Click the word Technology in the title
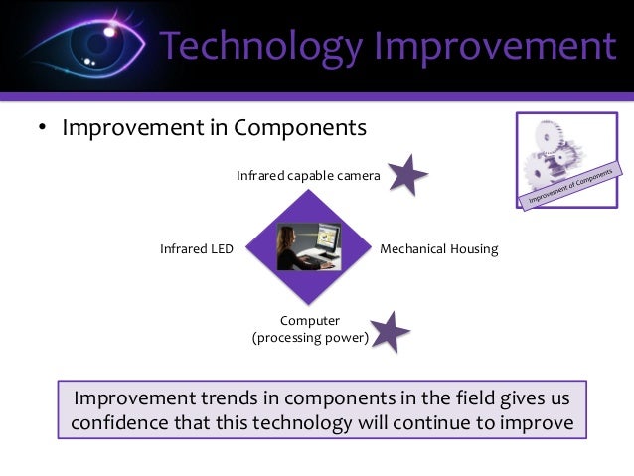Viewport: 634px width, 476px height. click(260, 47)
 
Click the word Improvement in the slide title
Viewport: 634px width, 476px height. click(495, 47)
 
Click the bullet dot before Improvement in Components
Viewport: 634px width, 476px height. click(42, 127)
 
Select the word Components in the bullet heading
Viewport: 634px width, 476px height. click(300, 128)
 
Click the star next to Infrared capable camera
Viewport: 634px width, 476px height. click(407, 175)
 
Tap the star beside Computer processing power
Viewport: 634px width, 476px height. click(390, 332)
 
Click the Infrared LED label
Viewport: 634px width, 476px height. click(197, 248)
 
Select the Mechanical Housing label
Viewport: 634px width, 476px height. click(438, 249)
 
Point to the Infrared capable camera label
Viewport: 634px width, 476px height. click(308, 176)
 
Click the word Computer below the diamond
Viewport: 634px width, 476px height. click(310, 321)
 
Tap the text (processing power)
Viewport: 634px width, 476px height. click(310, 338)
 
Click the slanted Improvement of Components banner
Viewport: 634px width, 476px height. click(570, 186)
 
